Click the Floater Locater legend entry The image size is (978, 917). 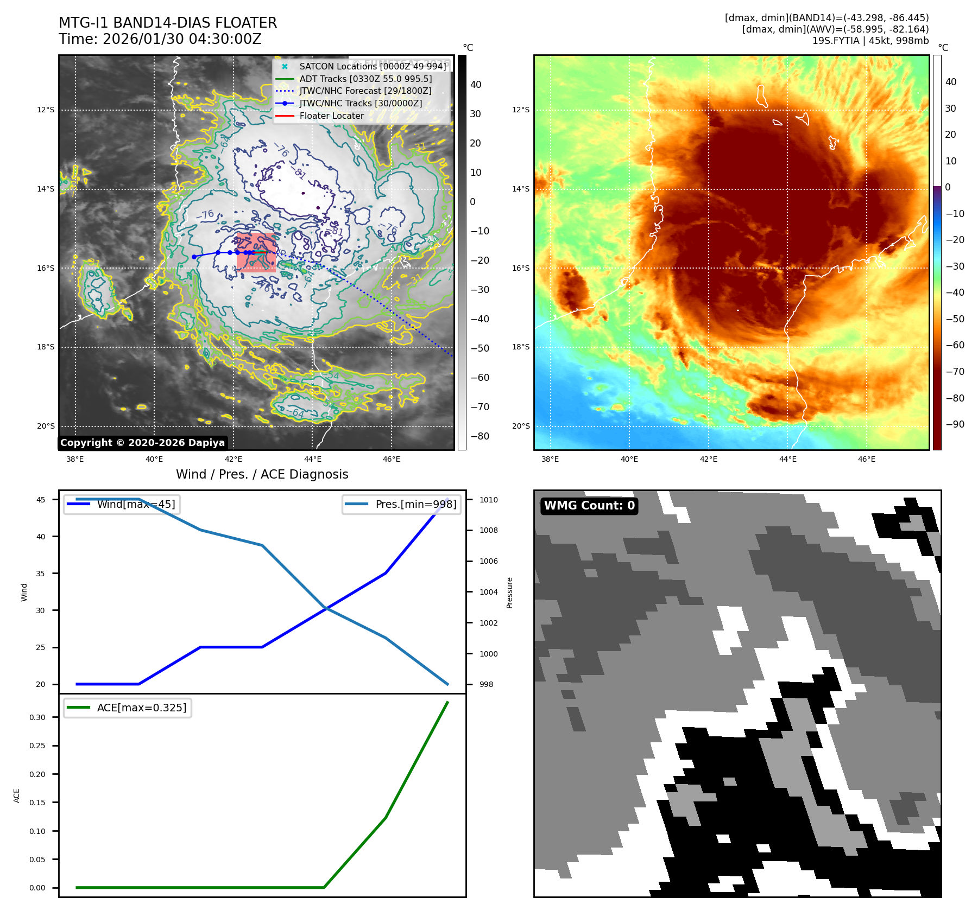[x=331, y=116]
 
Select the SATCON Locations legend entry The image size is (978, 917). [x=373, y=66]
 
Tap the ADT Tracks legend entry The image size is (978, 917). [x=365, y=79]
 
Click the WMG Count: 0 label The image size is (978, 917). [x=589, y=506]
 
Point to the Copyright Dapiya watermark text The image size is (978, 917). [x=142, y=443]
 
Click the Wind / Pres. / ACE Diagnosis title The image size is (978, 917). [x=262, y=474]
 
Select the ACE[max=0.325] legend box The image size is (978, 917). [x=128, y=708]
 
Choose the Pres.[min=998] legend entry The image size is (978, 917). [x=402, y=504]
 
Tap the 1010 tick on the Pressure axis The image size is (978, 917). [x=488, y=500]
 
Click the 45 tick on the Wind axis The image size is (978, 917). [x=41, y=500]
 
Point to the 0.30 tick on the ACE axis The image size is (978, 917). [x=37, y=717]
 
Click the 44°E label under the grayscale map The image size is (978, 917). [x=312, y=459]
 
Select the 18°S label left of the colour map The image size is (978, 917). [x=520, y=347]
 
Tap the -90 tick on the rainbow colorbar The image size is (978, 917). [x=955, y=424]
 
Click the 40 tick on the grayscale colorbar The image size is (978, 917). [x=476, y=85]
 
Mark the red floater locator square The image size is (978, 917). [x=256, y=252]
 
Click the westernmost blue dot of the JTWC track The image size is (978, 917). [x=194, y=257]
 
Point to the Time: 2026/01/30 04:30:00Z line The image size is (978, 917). [x=160, y=39]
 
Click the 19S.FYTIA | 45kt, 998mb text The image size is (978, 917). [x=870, y=41]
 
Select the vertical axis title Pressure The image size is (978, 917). [x=509, y=593]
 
